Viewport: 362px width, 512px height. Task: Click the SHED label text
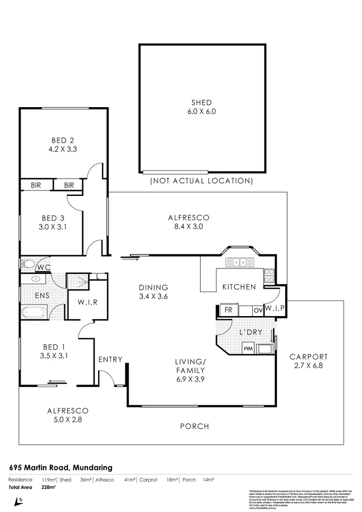pos(201,103)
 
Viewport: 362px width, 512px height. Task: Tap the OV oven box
pos(258,311)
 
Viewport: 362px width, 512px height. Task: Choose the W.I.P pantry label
pos(275,308)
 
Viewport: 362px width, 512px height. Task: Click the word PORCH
pos(194,426)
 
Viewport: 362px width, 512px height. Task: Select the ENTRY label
pos(110,359)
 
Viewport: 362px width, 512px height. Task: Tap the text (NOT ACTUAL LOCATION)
pos(201,181)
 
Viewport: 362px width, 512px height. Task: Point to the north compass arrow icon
pos(19,500)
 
